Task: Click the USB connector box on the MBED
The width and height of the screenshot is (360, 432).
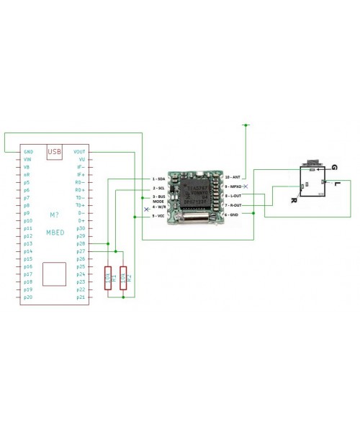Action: [54, 152]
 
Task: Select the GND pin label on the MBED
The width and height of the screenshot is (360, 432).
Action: [28, 152]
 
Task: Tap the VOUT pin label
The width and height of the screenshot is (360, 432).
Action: [80, 152]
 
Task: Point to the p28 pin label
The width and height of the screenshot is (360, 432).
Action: [81, 243]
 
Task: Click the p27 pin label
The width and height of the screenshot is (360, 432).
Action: [81, 251]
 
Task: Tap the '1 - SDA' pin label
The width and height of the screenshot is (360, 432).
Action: [159, 177]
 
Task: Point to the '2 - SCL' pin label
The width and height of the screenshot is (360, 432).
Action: [159, 187]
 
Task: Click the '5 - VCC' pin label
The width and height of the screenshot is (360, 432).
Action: [159, 215]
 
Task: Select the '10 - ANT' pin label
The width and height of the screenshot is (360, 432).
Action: [233, 176]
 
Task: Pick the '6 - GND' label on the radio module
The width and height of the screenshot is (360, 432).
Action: [233, 214]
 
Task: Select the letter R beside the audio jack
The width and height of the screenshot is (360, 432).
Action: [293, 201]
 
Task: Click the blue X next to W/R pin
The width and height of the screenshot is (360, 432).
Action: [147, 210]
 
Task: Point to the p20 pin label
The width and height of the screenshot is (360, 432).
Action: [28, 297]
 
